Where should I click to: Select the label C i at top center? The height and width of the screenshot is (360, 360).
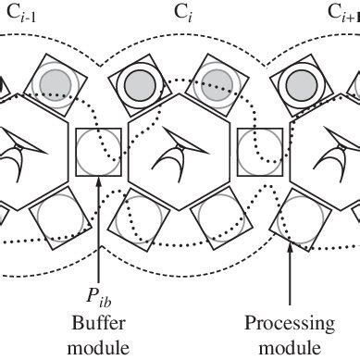click(x=181, y=14)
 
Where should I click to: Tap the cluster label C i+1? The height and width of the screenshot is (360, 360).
click(x=343, y=14)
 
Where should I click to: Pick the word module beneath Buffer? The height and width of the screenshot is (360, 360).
click(x=97, y=347)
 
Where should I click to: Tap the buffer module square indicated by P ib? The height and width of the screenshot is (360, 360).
click(x=97, y=149)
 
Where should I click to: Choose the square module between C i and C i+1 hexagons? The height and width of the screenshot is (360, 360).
click(x=259, y=149)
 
